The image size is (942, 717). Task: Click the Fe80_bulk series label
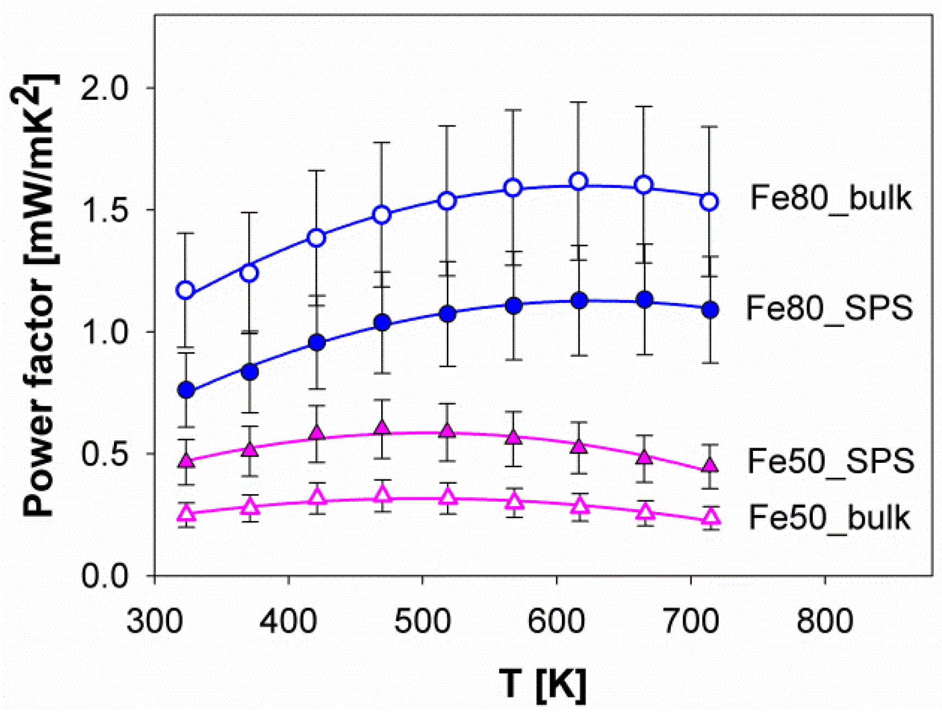point(830,198)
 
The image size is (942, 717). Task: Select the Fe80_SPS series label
point(829,308)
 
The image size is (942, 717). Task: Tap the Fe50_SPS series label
point(830,461)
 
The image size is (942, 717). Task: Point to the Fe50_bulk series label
point(829,518)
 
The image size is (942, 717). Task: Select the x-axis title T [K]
point(543,684)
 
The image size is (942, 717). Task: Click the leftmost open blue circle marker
point(186,290)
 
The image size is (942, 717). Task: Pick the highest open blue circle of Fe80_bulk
point(579,181)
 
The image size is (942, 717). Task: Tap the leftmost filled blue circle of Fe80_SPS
point(186,390)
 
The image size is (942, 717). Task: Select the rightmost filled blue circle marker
point(710,310)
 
